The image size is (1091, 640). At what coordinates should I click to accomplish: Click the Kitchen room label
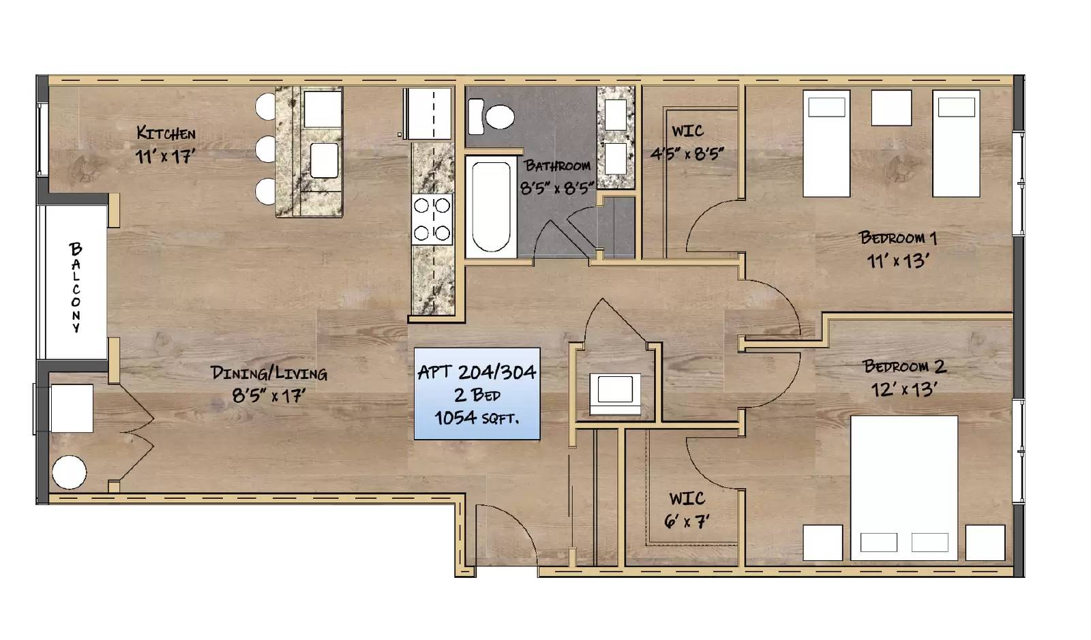point(166,133)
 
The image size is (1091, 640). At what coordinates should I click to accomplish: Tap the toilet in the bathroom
point(491,117)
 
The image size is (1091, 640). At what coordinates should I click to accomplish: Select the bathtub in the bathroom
point(491,207)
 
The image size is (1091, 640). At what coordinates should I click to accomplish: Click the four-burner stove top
point(432,219)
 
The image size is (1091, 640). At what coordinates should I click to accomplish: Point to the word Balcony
point(76,288)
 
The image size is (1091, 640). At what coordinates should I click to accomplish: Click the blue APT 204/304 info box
point(477,394)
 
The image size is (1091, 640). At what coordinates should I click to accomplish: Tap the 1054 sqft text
point(477,418)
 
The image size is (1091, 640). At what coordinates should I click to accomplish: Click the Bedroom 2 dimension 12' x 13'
point(903,389)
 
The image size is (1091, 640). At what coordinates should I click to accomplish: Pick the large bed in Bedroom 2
point(904,488)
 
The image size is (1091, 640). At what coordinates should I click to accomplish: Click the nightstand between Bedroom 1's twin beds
point(891,108)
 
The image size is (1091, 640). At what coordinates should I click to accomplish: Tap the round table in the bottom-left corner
point(69,472)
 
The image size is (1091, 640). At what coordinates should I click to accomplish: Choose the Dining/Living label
point(269,374)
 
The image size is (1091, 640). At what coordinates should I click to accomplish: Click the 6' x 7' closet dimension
point(686,521)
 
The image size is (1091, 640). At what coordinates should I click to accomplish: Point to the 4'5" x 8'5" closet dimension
point(687,154)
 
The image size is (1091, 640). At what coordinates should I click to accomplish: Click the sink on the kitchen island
point(324,160)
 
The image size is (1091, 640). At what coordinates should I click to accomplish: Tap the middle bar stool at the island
point(266,149)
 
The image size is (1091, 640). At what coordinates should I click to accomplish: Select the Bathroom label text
point(557,166)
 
